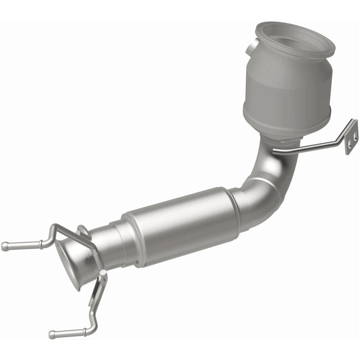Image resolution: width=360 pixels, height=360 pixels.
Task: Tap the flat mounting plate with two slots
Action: (x=351, y=137)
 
